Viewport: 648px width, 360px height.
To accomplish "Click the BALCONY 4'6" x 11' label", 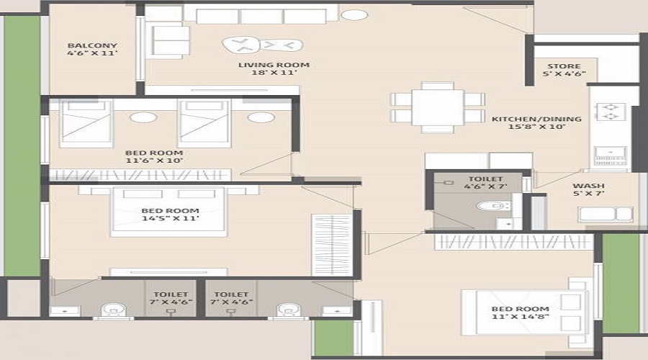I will click(x=91, y=49).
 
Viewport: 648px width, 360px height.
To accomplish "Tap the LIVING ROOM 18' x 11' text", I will click(x=274, y=69).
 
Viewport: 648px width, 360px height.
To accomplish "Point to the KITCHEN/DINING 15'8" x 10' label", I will click(x=528, y=122).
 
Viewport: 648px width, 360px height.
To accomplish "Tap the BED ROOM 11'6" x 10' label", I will click(x=154, y=157).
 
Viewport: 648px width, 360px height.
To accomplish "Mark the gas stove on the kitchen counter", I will click(x=609, y=111).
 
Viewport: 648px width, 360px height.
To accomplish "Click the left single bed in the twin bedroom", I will click(x=86, y=123).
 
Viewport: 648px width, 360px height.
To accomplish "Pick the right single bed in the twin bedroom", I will click(x=204, y=123).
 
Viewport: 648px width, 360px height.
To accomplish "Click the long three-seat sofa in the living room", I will click(x=260, y=14).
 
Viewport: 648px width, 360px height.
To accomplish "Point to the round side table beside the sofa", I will click(x=354, y=15).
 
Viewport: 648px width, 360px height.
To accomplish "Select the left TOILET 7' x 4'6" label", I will click(x=170, y=299).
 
